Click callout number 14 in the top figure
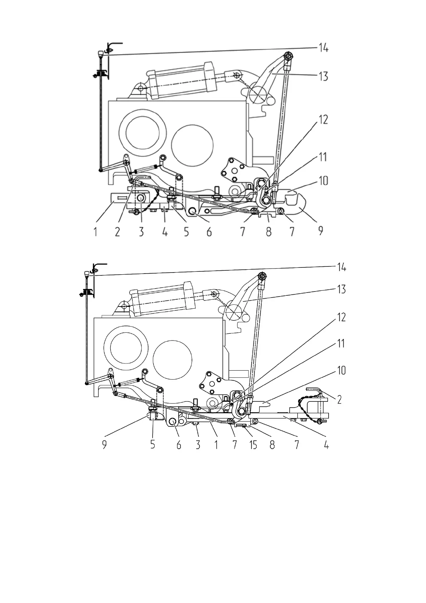click(x=323, y=48)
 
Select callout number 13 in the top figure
click(x=323, y=77)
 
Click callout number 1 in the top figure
click(x=95, y=232)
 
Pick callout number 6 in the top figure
click(x=209, y=232)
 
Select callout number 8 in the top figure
click(x=268, y=232)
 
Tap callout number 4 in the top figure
click(x=165, y=232)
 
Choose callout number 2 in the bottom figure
click(x=339, y=400)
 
